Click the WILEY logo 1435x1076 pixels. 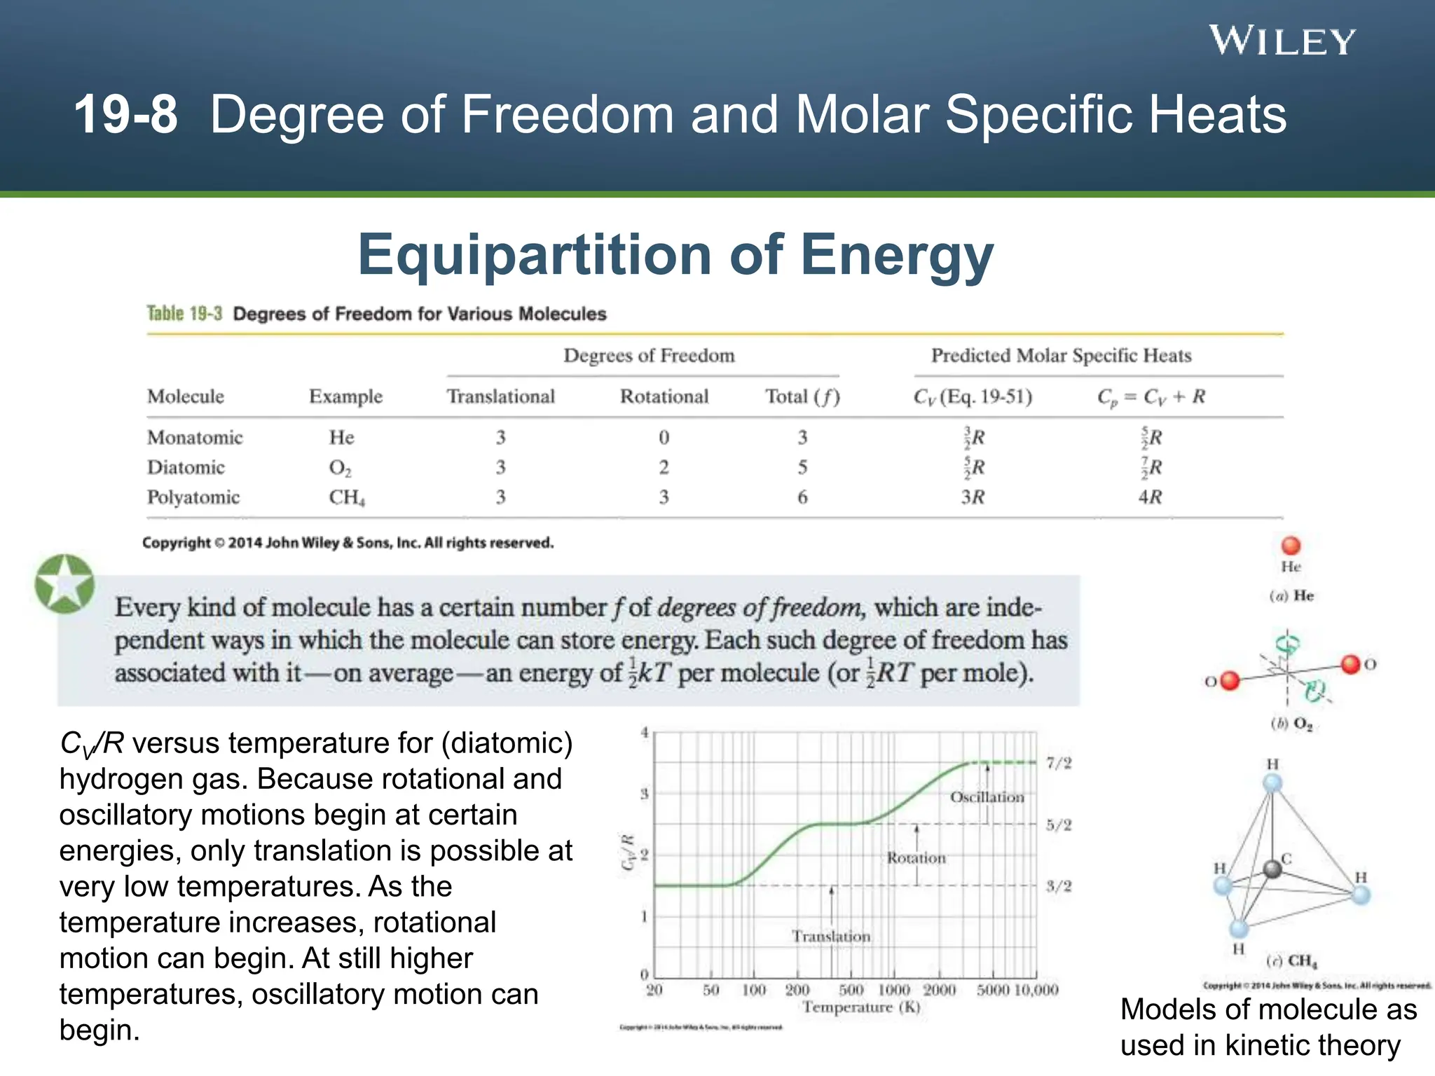pos(1282,41)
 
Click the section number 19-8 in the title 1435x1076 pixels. pos(125,114)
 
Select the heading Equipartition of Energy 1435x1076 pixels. pos(675,255)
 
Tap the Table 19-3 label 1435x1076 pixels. pos(184,313)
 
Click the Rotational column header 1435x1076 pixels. pos(664,396)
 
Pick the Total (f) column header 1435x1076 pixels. pos(802,396)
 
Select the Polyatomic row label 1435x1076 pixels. pos(193,497)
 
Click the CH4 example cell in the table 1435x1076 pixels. pos(346,497)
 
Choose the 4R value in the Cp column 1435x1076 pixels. pos(1149,497)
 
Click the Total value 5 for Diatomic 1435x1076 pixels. pos(802,467)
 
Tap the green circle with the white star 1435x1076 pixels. pos(64,584)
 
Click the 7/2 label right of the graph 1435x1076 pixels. pos(1058,763)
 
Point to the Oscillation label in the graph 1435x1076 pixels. pos(986,796)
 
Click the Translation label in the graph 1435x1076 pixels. pos(830,936)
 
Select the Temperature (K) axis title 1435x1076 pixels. pos(860,1007)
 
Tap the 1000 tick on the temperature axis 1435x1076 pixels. pos(893,990)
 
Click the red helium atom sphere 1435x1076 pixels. pos(1290,546)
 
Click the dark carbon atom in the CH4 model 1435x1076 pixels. pos(1272,869)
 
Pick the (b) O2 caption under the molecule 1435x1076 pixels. pos(1291,724)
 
